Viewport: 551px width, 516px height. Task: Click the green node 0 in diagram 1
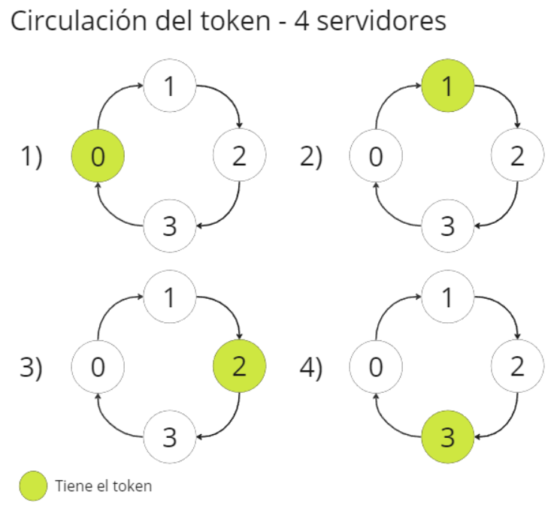pyautogui.click(x=97, y=156)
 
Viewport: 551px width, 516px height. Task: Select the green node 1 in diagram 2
pyautogui.click(x=448, y=87)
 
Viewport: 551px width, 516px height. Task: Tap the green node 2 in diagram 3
pyautogui.click(x=240, y=367)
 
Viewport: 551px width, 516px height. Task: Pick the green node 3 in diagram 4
pyautogui.click(x=448, y=436)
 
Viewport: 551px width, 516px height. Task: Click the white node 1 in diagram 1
pyautogui.click(x=170, y=87)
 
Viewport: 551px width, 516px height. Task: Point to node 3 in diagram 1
pyautogui.click(x=170, y=226)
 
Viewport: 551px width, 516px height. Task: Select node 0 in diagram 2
pyautogui.click(x=377, y=156)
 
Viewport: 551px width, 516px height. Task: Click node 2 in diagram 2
pyautogui.click(x=517, y=156)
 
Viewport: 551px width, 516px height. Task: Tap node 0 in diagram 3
pyautogui.click(x=97, y=367)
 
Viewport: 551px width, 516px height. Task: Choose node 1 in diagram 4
pyautogui.click(x=448, y=297)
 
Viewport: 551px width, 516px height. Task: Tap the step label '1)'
pyautogui.click(x=31, y=157)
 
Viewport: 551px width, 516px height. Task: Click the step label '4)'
pyautogui.click(x=310, y=367)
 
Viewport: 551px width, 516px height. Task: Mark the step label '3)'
pyautogui.click(x=31, y=367)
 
